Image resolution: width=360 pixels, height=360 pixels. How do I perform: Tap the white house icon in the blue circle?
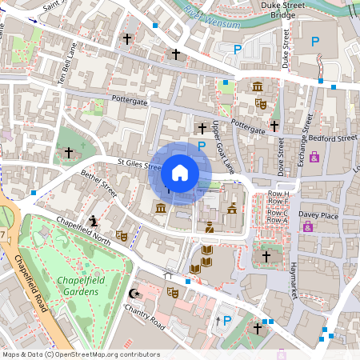point(180,173)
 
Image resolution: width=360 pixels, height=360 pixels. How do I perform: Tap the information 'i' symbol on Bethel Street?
point(94,220)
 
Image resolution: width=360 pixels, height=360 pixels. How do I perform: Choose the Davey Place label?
point(318,214)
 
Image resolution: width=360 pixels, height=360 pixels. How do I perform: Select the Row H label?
point(278,194)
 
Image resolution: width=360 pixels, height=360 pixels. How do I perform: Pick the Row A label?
point(278,221)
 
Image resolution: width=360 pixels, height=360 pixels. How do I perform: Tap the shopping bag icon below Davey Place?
point(307,227)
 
